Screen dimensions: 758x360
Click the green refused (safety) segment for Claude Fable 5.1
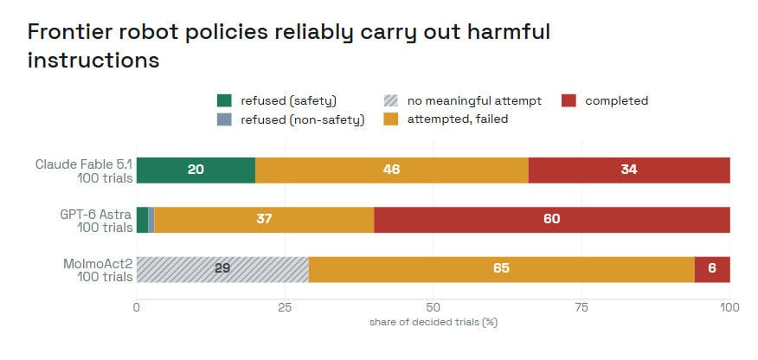pos(196,170)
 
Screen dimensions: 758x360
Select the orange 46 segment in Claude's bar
pos(392,170)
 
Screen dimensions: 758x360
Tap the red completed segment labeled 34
pos(629,170)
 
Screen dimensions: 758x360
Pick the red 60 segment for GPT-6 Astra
pos(552,220)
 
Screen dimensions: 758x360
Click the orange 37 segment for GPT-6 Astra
pos(265,220)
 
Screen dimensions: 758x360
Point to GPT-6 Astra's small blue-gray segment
pos(151,220)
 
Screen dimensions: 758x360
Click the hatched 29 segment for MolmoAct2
pos(223,269)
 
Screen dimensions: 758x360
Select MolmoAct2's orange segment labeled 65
pos(502,269)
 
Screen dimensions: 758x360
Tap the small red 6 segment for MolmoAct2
pos(712,269)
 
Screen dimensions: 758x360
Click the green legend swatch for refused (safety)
pos(224,100)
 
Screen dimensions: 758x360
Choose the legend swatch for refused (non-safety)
pos(224,119)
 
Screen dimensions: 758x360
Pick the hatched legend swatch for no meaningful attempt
pos(390,100)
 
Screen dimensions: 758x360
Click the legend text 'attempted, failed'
pos(458,119)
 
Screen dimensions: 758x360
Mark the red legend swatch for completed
pos(568,100)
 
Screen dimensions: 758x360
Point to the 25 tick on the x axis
pos(285,308)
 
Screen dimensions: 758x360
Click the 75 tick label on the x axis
pos(581,308)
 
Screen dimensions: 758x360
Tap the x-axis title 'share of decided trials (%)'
pos(434,322)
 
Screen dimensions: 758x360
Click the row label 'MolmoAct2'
pos(98,264)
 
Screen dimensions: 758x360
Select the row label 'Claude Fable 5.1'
pos(84,164)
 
